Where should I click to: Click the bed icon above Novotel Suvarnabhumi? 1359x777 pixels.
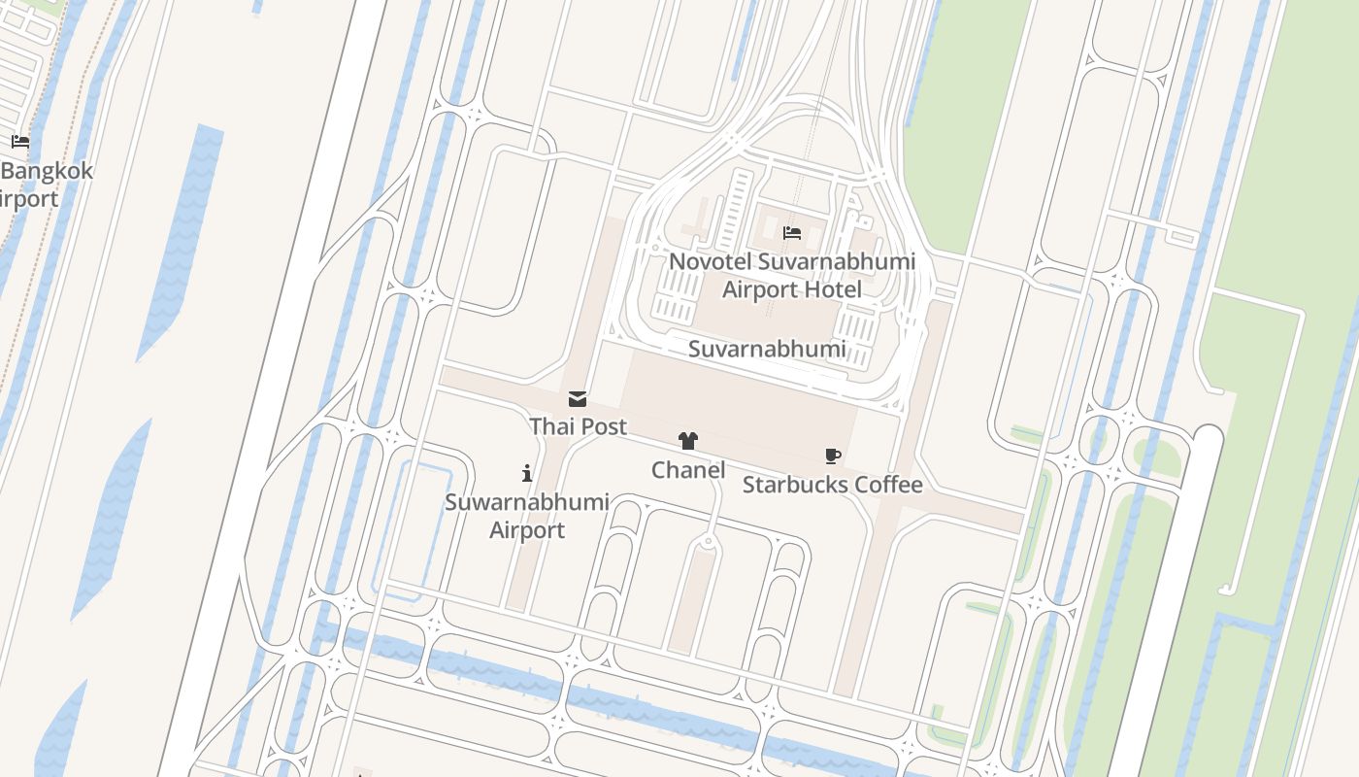click(x=792, y=233)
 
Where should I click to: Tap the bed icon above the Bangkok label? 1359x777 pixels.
click(x=20, y=142)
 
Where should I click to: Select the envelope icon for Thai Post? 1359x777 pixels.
click(x=578, y=399)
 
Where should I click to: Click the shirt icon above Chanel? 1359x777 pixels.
click(x=688, y=442)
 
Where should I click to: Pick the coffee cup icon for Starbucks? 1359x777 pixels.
click(x=832, y=456)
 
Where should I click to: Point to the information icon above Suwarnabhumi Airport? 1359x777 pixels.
click(x=527, y=473)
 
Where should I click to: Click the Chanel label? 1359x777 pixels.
click(x=688, y=470)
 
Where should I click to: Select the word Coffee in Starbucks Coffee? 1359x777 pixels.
click(x=889, y=484)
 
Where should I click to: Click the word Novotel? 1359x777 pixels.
click(x=711, y=261)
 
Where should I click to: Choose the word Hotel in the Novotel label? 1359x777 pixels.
click(x=832, y=289)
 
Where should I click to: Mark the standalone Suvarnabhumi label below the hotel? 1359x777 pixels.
click(x=767, y=349)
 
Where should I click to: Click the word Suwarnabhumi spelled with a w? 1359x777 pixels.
click(x=527, y=502)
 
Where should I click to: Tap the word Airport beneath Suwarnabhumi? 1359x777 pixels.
click(x=527, y=530)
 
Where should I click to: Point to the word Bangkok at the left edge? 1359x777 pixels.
click(x=48, y=171)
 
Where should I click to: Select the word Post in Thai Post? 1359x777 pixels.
click(x=604, y=426)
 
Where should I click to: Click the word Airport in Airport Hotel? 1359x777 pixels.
click(x=759, y=289)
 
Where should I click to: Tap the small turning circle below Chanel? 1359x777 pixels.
click(x=710, y=541)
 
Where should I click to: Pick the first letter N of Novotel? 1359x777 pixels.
click(x=678, y=261)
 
